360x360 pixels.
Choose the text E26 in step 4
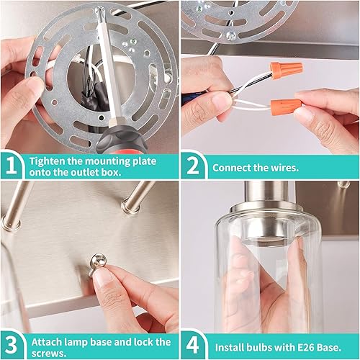click(297, 346)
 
